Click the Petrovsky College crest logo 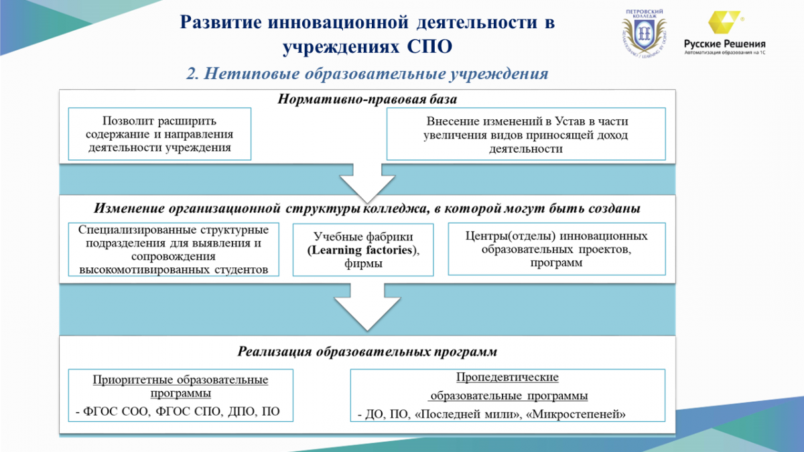645,33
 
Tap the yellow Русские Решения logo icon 724,22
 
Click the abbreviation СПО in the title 429,47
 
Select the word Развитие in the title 220,22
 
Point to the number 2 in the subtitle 192,74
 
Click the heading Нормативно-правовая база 367,99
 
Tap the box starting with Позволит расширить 159,134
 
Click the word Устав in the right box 570,121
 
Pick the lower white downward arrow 367,307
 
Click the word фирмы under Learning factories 363,264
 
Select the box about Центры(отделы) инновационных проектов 557,249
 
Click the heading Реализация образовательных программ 367,352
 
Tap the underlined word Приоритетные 133,380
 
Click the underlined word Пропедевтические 507,377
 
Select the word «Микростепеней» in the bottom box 576,415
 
